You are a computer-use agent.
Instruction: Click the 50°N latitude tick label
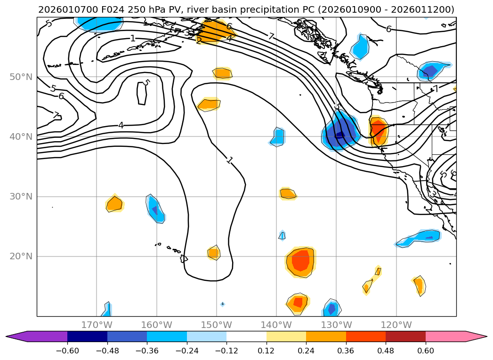click(21, 77)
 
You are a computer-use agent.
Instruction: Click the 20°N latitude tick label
click(21, 256)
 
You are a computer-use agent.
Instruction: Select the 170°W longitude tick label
click(97, 325)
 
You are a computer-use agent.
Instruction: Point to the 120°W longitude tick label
click(396, 325)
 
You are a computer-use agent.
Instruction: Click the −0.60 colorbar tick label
click(67, 351)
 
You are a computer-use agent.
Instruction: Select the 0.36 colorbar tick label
click(346, 351)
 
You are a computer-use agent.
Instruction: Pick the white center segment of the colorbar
click(246, 336)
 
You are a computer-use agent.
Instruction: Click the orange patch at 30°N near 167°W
click(114, 204)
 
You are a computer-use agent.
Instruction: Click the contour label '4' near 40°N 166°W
click(121, 125)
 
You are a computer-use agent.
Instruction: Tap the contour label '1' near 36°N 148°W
click(229, 160)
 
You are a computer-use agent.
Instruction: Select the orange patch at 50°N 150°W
click(222, 73)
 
